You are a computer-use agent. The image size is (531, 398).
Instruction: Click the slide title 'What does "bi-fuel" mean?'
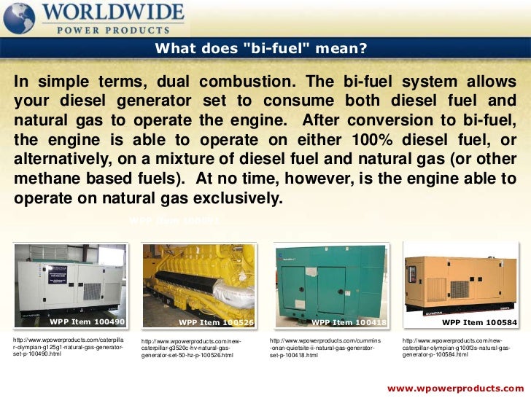click(260, 50)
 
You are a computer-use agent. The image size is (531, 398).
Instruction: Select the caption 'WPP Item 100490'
click(87, 321)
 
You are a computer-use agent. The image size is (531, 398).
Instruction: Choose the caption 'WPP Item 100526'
click(216, 321)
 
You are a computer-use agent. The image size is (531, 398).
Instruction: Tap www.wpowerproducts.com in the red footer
click(455, 387)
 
